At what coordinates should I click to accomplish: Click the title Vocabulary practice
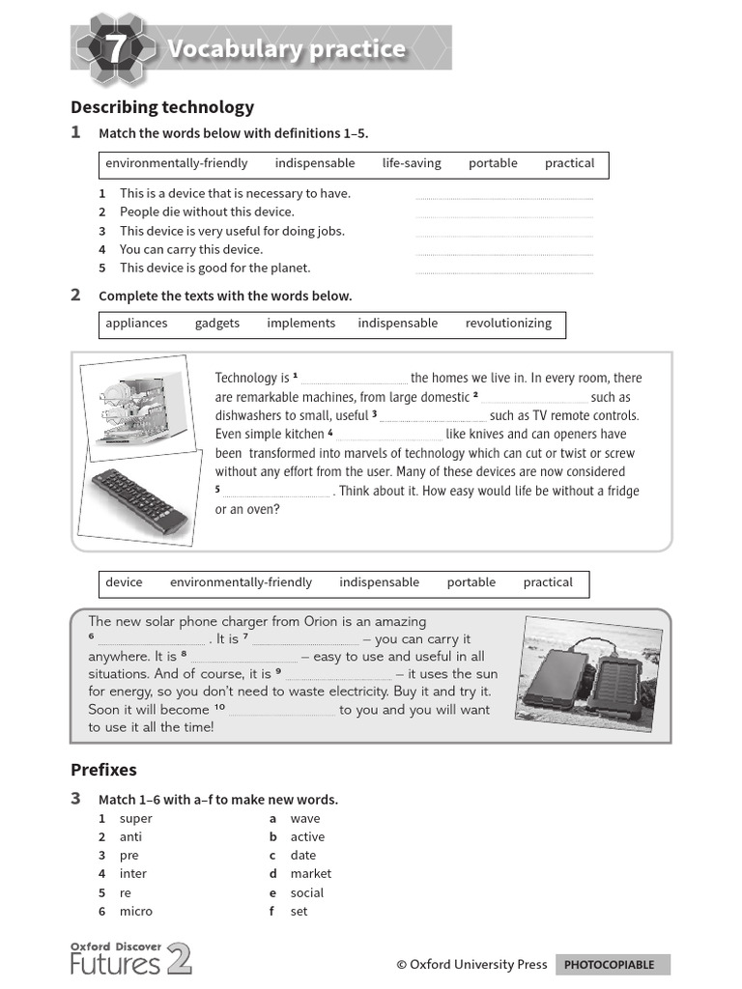[x=286, y=49]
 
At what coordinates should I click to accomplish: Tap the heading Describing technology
[x=162, y=107]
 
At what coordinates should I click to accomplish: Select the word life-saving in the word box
[x=412, y=163]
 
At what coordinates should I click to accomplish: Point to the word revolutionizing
[x=508, y=324]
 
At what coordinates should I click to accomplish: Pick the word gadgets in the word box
[x=217, y=324]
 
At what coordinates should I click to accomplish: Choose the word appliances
[x=136, y=324]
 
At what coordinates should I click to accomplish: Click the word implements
[x=301, y=324]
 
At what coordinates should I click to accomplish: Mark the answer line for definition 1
[x=503, y=196]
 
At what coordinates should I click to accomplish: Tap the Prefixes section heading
[x=103, y=770]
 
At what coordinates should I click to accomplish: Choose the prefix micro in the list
[x=136, y=911]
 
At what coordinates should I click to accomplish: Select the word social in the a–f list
[x=307, y=892]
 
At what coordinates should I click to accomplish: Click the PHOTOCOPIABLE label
[x=609, y=964]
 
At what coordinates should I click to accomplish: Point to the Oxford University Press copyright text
[x=471, y=964]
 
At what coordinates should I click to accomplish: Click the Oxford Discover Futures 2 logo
[x=130, y=958]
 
